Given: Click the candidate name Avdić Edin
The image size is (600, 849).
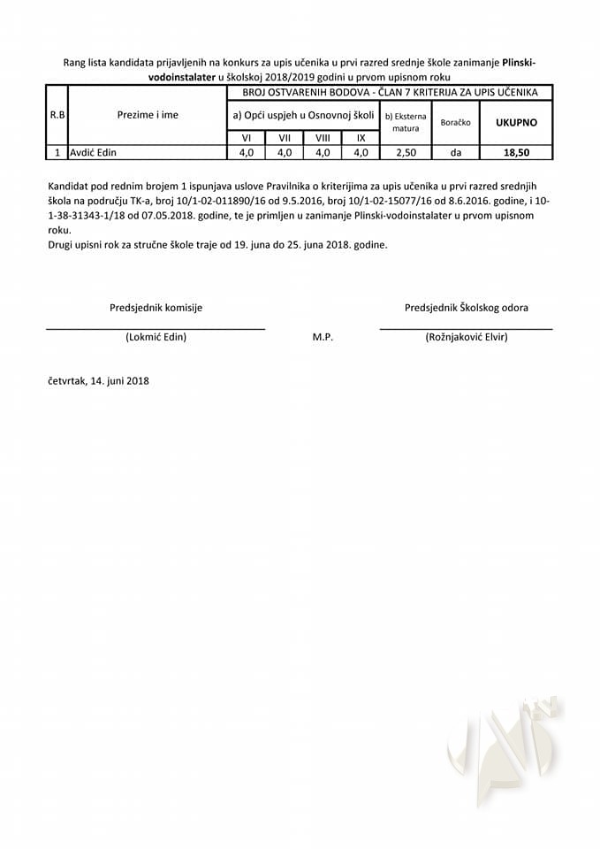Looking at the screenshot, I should [93, 152].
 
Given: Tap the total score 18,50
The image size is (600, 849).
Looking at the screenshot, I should [515, 152].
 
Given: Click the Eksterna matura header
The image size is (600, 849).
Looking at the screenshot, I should [406, 122].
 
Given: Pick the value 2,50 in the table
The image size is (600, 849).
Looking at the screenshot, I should [406, 152].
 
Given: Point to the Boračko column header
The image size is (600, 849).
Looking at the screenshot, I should [455, 122].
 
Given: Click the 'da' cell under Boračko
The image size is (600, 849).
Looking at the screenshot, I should [455, 152].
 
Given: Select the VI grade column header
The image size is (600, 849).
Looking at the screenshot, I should [247, 138].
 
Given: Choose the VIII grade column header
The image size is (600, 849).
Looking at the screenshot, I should [323, 138].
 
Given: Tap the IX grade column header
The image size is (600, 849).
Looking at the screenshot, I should [361, 138].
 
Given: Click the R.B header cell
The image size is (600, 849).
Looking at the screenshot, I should [57, 115].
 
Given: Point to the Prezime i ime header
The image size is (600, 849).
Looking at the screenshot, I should [148, 115].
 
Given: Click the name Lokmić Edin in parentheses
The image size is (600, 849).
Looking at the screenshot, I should [156, 337].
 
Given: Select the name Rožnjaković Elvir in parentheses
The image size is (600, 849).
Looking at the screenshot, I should [466, 337].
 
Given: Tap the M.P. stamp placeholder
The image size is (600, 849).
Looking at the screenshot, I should [323, 337].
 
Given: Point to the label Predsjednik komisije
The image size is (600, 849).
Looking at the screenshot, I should [156, 308].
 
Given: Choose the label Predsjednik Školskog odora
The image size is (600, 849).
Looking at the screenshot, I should [467, 308].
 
